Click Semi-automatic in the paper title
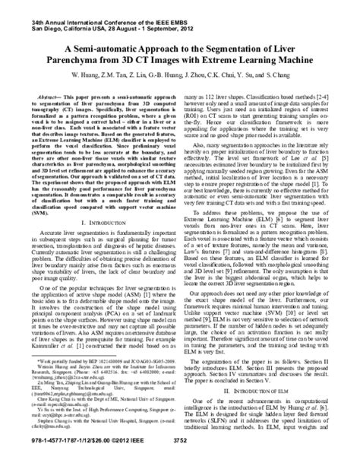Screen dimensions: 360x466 click(98, 45)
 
